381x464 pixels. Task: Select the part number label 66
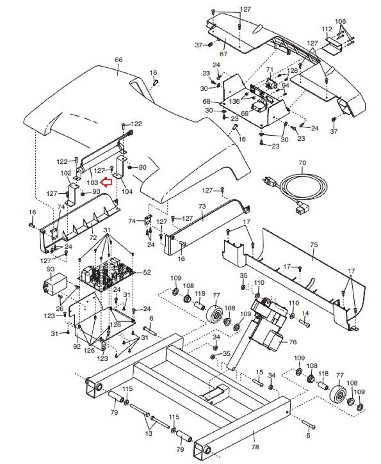119,60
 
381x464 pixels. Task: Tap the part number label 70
302,163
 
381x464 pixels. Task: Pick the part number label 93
50,269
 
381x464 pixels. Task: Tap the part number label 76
292,342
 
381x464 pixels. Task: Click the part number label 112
327,29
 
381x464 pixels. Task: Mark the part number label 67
223,54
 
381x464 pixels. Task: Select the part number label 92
77,346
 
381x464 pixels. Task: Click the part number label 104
127,191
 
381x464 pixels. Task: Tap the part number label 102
66,173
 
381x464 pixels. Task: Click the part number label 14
305,313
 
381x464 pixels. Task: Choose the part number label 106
340,21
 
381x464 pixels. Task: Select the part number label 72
93,238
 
